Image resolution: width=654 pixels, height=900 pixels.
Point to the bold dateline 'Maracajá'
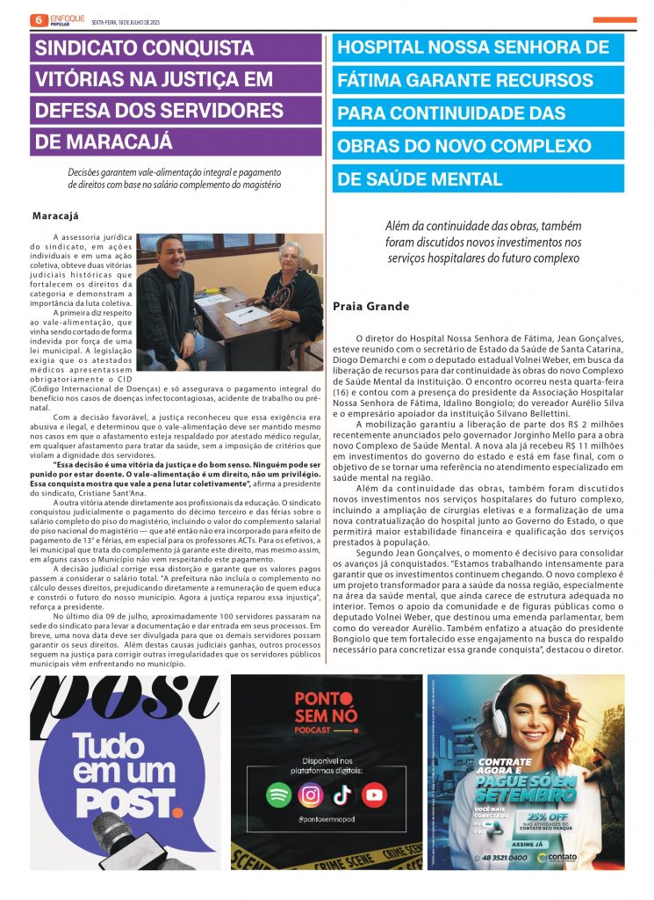click(55, 215)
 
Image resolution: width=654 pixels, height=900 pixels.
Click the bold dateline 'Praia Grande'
click(371, 307)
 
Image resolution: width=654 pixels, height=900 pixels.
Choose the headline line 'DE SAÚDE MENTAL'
click(420, 179)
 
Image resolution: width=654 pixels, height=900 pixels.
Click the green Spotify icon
click(279, 795)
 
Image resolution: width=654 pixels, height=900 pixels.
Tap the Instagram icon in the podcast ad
click(311, 795)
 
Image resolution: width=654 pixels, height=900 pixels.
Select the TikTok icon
click(342, 795)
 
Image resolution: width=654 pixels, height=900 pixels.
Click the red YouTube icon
click(374, 795)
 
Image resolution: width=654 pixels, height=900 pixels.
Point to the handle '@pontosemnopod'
click(326, 819)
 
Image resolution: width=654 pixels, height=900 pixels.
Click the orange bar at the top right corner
click(614, 19)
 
